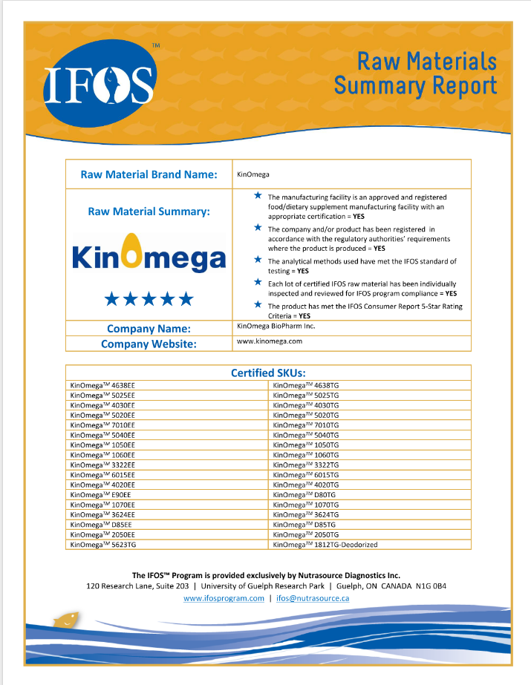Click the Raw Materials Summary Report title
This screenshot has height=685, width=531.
point(416,73)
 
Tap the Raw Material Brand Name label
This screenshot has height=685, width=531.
point(149,174)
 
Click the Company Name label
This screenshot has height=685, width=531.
point(149,328)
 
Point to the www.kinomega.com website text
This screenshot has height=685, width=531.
point(269,341)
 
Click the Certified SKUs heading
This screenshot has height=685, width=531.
point(268,373)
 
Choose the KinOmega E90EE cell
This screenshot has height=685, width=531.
point(100,494)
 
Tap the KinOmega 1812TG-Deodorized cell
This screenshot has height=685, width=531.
point(325,544)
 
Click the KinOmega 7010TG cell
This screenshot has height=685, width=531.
point(306,425)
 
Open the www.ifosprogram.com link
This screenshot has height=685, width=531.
point(224,598)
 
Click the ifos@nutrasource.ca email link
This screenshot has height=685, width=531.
point(313,598)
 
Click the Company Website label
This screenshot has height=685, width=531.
point(149,344)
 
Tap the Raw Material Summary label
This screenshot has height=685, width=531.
point(149,212)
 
